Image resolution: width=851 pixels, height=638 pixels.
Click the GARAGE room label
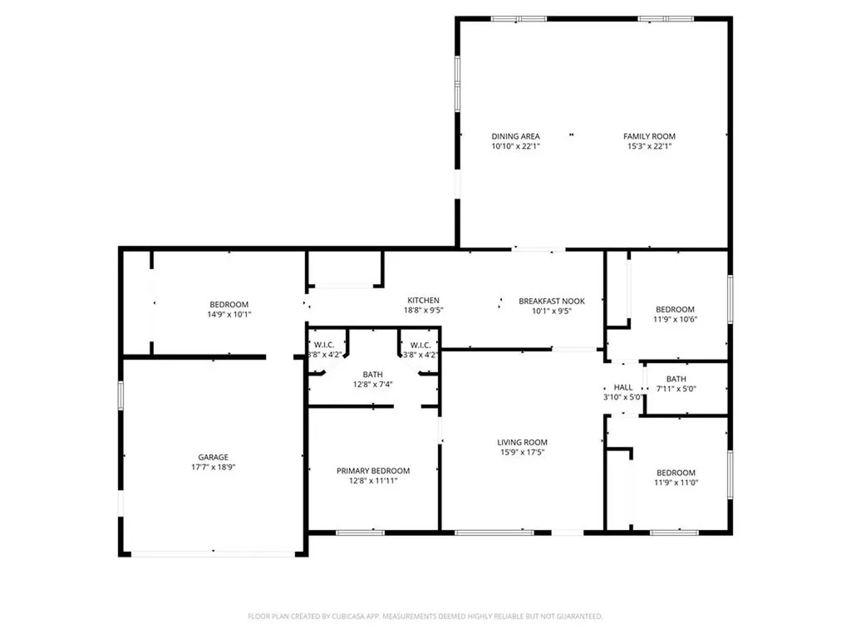pos(213,457)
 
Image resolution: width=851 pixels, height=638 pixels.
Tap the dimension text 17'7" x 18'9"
pos(213,468)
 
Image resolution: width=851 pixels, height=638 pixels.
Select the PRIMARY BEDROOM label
pos(373,471)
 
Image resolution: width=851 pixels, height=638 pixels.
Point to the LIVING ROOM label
pos(523,442)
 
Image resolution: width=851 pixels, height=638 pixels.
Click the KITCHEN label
pos(423,301)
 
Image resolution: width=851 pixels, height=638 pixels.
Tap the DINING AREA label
pos(515,136)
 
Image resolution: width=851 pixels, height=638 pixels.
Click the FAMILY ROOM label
pos(650,136)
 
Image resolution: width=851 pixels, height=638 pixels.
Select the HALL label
pos(623,387)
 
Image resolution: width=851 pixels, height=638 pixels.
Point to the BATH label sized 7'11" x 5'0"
pos(676,379)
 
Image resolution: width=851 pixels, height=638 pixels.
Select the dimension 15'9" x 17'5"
pos(523,453)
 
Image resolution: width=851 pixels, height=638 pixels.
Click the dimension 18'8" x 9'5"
pos(423,312)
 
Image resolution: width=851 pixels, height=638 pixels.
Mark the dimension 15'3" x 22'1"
pos(650,147)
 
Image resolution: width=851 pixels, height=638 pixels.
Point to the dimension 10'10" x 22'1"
pos(515,147)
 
